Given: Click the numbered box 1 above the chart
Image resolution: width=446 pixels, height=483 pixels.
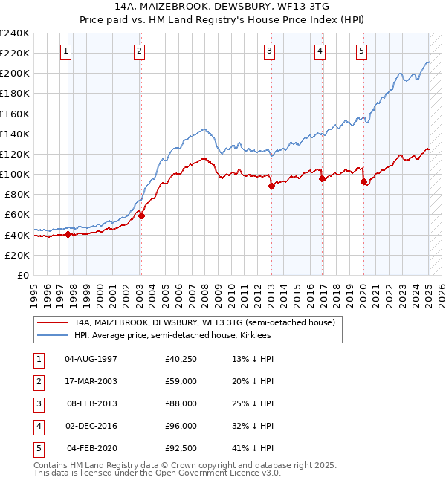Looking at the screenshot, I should [66, 51].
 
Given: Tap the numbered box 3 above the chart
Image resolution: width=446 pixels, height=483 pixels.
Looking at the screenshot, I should [269, 51].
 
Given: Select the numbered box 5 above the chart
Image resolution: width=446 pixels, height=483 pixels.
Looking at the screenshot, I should [361, 51].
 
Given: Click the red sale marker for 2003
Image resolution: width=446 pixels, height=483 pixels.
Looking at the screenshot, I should [141, 216].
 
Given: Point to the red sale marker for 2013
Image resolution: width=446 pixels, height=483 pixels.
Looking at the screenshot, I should [271, 187].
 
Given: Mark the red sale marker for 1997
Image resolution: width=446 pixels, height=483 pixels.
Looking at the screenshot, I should [68, 235].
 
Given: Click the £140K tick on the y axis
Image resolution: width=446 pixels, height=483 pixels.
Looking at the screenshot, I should [15, 134].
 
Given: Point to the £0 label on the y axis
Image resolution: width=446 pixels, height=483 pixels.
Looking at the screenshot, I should [23, 275].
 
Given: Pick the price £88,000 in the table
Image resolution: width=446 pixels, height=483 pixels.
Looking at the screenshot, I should [181, 403].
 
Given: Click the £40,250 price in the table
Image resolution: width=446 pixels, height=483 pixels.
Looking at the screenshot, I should [181, 359].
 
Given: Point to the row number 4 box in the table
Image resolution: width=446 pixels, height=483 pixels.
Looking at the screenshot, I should [37, 426].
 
